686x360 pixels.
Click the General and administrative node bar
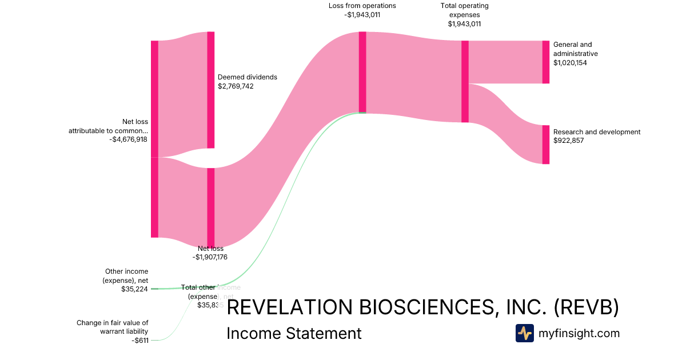(x=545, y=62)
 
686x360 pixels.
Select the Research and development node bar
(x=545, y=145)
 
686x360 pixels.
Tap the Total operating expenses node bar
(x=465, y=81)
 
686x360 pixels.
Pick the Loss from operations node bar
(x=362, y=72)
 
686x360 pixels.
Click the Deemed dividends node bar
(x=210, y=90)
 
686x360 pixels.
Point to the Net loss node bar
(x=210, y=207)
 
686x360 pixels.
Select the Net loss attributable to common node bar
(x=154, y=139)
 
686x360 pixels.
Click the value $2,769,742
(x=236, y=86)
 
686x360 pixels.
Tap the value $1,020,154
(x=570, y=63)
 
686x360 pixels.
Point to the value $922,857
(x=568, y=141)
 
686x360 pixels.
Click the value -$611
(x=139, y=341)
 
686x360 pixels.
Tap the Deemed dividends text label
(x=247, y=77)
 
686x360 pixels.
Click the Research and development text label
(x=597, y=132)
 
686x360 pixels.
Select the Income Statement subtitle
(x=294, y=333)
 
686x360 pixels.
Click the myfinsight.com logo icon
(x=524, y=333)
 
